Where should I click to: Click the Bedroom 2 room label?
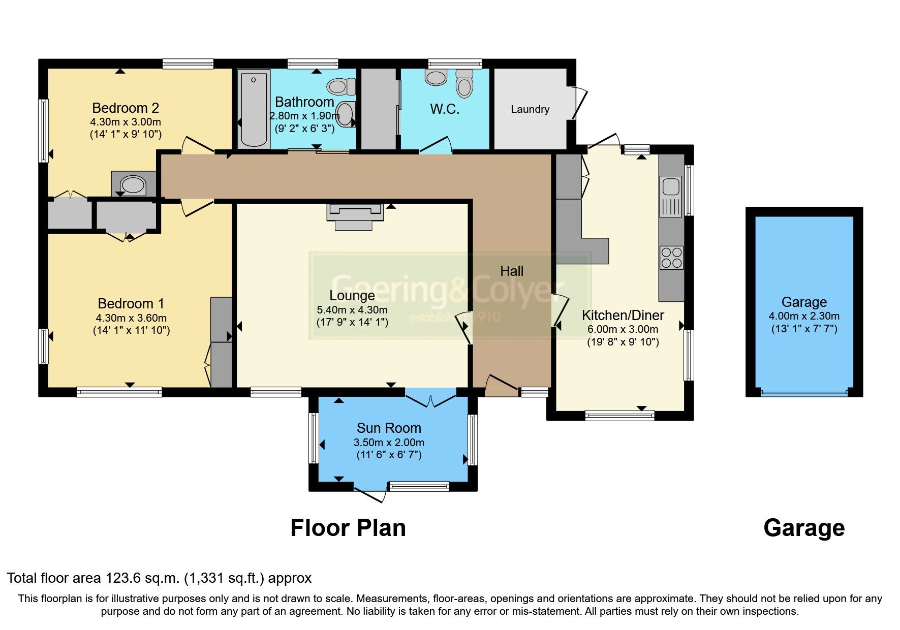pos(126,108)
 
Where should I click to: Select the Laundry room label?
pos(530,109)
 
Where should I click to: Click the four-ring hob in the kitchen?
pos(671,258)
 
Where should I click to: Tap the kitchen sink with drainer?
pos(671,196)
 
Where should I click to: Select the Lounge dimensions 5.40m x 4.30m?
pos(352,310)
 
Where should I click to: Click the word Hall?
pos(512,271)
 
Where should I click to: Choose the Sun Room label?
pos(389,428)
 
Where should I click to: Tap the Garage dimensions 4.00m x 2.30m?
pos(804,316)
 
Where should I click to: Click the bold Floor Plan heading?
pos(348,528)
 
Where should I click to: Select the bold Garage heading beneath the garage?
pos(804,528)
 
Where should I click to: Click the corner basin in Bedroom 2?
pos(133,184)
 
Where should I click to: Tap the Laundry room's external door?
pos(579,103)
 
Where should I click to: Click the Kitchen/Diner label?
pos(623,315)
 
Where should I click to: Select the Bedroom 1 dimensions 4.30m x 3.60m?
pos(131,318)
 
